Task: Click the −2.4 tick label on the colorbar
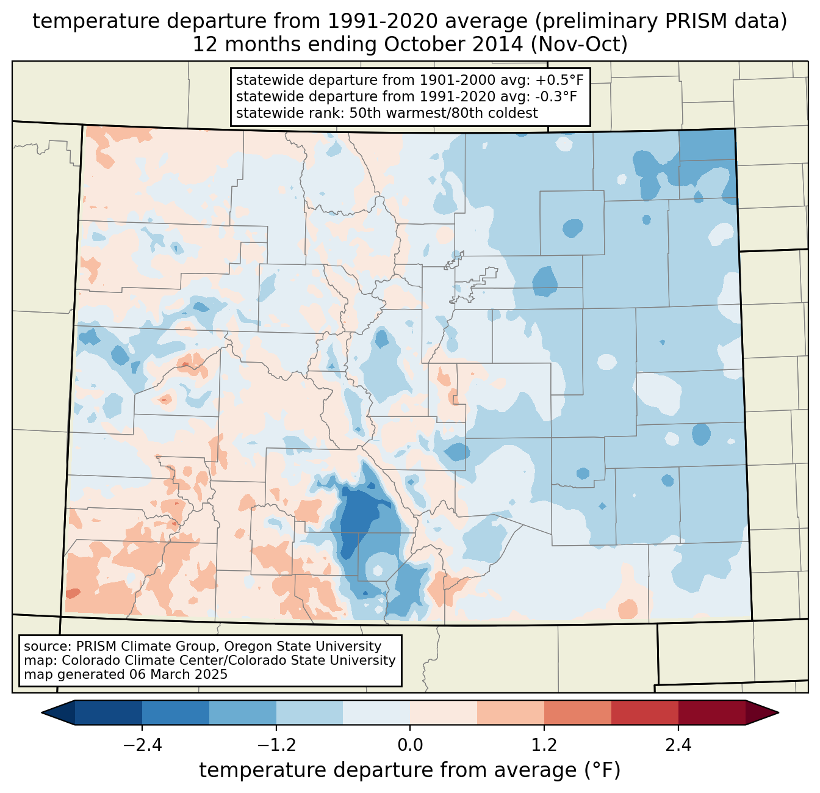click(142, 745)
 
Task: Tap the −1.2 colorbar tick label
click(276, 745)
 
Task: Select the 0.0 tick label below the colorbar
click(410, 745)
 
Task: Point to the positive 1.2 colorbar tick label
click(544, 745)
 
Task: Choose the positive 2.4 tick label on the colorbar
click(678, 745)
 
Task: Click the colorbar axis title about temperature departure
click(410, 770)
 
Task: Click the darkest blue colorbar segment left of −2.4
click(109, 712)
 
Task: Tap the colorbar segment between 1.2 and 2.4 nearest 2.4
click(644, 712)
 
